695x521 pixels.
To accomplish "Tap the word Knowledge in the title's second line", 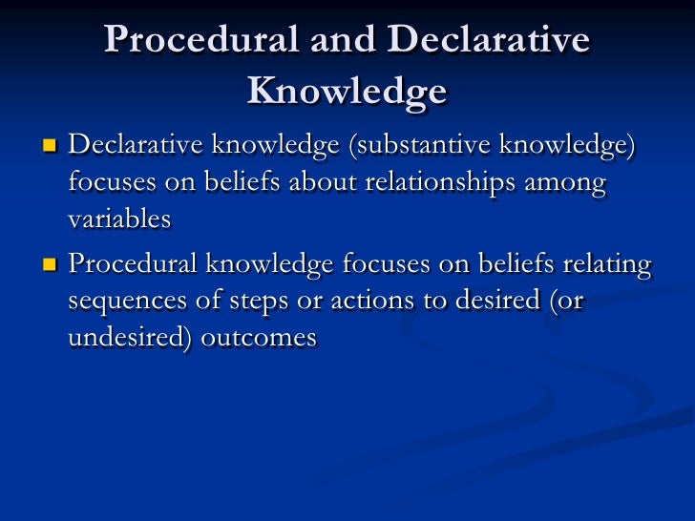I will coord(347,91).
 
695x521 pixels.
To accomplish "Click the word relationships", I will coord(441,182).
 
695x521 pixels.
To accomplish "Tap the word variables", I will coord(119,219).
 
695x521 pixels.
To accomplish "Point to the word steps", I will coord(257,302).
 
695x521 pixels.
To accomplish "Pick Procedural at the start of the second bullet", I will coord(133,265).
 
